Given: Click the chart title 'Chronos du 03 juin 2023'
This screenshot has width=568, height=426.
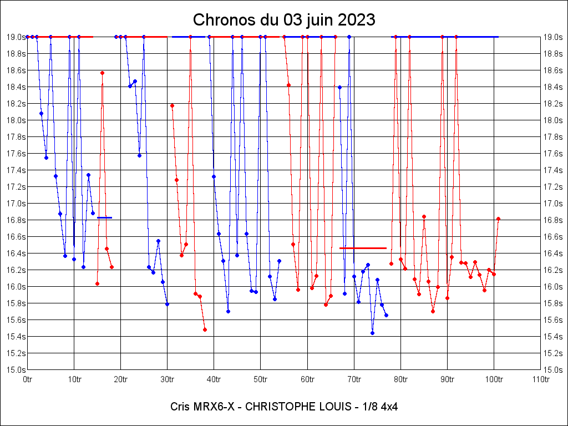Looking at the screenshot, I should tap(284, 20).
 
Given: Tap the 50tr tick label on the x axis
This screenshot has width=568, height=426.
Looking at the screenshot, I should tap(261, 379).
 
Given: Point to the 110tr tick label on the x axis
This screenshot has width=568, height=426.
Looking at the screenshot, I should tap(540, 379).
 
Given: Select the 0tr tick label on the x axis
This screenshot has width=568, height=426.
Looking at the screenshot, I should tap(28, 379).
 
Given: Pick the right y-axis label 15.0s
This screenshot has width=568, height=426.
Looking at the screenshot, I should tap(552, 369).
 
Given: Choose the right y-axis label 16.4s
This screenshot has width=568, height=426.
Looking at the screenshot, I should tap(552, 253).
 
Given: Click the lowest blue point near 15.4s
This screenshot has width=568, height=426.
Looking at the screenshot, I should tap(372, 333).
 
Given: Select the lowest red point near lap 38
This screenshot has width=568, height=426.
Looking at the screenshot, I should tap(205, 329).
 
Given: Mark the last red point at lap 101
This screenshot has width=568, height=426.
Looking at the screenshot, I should tap(498, 219).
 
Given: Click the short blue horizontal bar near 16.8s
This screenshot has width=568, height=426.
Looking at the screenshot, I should tap(105, 217).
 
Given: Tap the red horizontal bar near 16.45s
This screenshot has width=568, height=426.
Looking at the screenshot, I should tap(363, 248).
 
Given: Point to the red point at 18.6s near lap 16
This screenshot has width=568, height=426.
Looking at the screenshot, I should tap(102, 73).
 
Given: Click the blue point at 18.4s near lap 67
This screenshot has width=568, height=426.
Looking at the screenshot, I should tap(339, 87).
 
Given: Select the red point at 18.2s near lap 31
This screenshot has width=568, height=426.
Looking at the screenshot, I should tap(172, 105).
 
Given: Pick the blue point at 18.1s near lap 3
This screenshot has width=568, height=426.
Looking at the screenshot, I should tap(41, 113).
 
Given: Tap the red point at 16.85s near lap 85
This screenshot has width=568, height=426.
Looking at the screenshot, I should tap(424, 216).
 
